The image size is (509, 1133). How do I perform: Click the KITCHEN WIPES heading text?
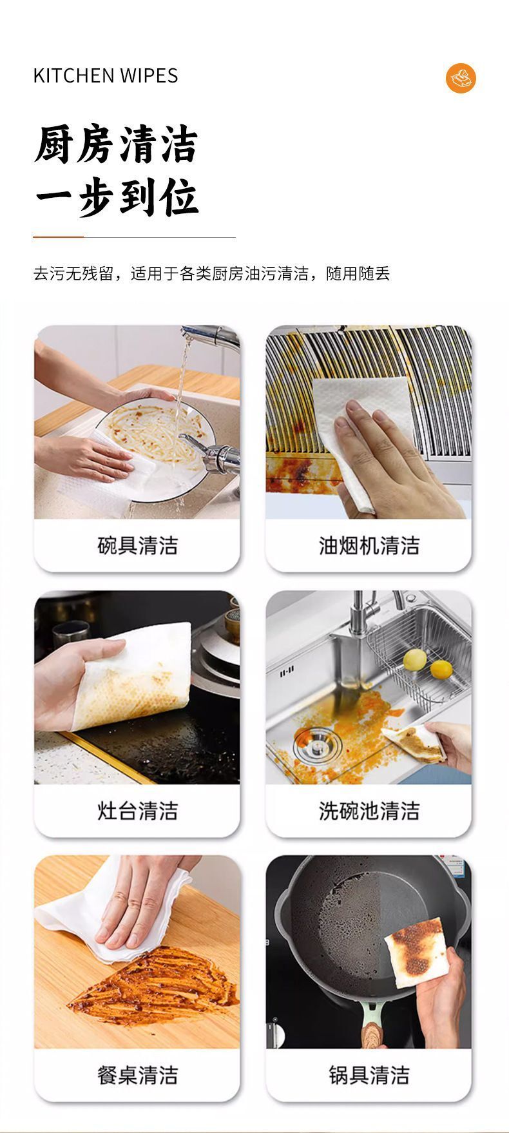click(106, 76)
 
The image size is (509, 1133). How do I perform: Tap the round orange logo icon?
click(461, 79)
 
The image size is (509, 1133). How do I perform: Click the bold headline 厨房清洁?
click(116, 144)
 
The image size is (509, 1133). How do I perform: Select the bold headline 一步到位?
click(116, 196)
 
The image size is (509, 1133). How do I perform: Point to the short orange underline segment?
click(59, 237)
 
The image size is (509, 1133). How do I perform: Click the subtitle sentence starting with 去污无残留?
click(212, 274)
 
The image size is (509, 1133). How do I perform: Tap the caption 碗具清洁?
click(137, 546)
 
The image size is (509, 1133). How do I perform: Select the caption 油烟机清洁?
click(369, 546)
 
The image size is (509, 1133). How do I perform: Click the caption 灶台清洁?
click(137, 810)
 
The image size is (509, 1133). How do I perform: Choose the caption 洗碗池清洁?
click(369, 810)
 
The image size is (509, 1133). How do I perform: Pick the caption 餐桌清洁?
click(137, 1074)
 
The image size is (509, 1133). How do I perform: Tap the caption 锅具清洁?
click(369, 1074)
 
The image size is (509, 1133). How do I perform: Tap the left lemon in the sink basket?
click(415, 659)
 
